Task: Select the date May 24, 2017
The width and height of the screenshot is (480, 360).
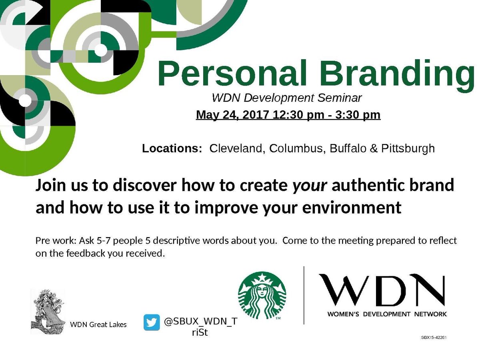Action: pyautogui.click(x=232, y=115)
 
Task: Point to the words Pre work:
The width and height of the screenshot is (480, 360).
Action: pyautogui.click(x=56, y=241)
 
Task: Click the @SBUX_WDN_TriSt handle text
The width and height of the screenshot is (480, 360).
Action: pyautogui.click(x=200, y=326)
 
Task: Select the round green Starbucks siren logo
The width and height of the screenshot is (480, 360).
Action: pyautogui.click(x=262, y=296)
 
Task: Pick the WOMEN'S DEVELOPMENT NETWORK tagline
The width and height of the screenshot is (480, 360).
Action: pyautogui.click(x=387, y=314)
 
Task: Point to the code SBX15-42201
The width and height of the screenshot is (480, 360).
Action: pyautogui.click(x=434, y=337)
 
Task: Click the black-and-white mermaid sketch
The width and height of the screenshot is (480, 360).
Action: pyautogui.click(x=48, y=312)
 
